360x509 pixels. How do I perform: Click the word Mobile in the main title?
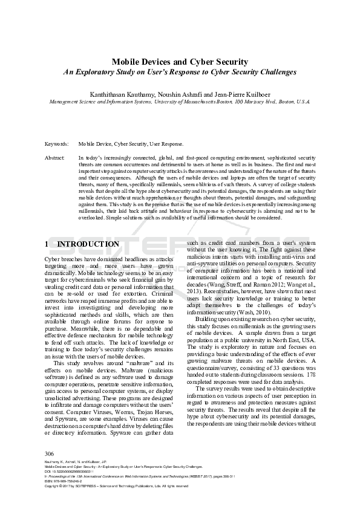(126, 62)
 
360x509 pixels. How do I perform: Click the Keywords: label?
(57, 144)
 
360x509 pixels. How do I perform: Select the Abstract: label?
(55, 157)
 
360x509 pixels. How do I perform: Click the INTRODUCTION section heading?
(88, 244)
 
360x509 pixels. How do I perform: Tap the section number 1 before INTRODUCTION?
(48, 244)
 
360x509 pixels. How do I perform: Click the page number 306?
(50, 453)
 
